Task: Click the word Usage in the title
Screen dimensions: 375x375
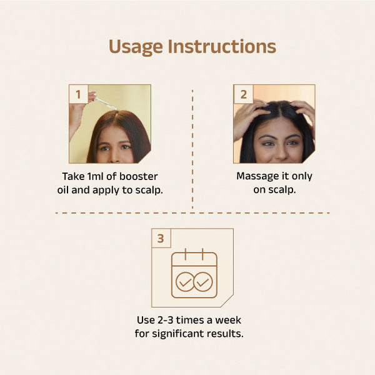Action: pos(136,47)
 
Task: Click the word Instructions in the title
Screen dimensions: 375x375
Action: pos(222,46)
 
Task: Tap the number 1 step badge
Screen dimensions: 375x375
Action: pos(78,94)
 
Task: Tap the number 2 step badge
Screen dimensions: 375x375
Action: pos(243,94)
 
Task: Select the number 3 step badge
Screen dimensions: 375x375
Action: pos(161,238)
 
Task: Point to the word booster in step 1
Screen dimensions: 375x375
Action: pos(139,176)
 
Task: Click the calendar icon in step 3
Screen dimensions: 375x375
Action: pos(194,273)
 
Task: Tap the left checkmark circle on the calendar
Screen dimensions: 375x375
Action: pos(185,282)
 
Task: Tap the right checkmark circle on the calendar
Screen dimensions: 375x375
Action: pos(203,282)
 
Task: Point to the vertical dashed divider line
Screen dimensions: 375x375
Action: pos(192,149)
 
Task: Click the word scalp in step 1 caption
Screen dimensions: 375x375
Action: pos(149,191)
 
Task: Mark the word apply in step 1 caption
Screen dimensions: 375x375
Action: pos(106,191)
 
